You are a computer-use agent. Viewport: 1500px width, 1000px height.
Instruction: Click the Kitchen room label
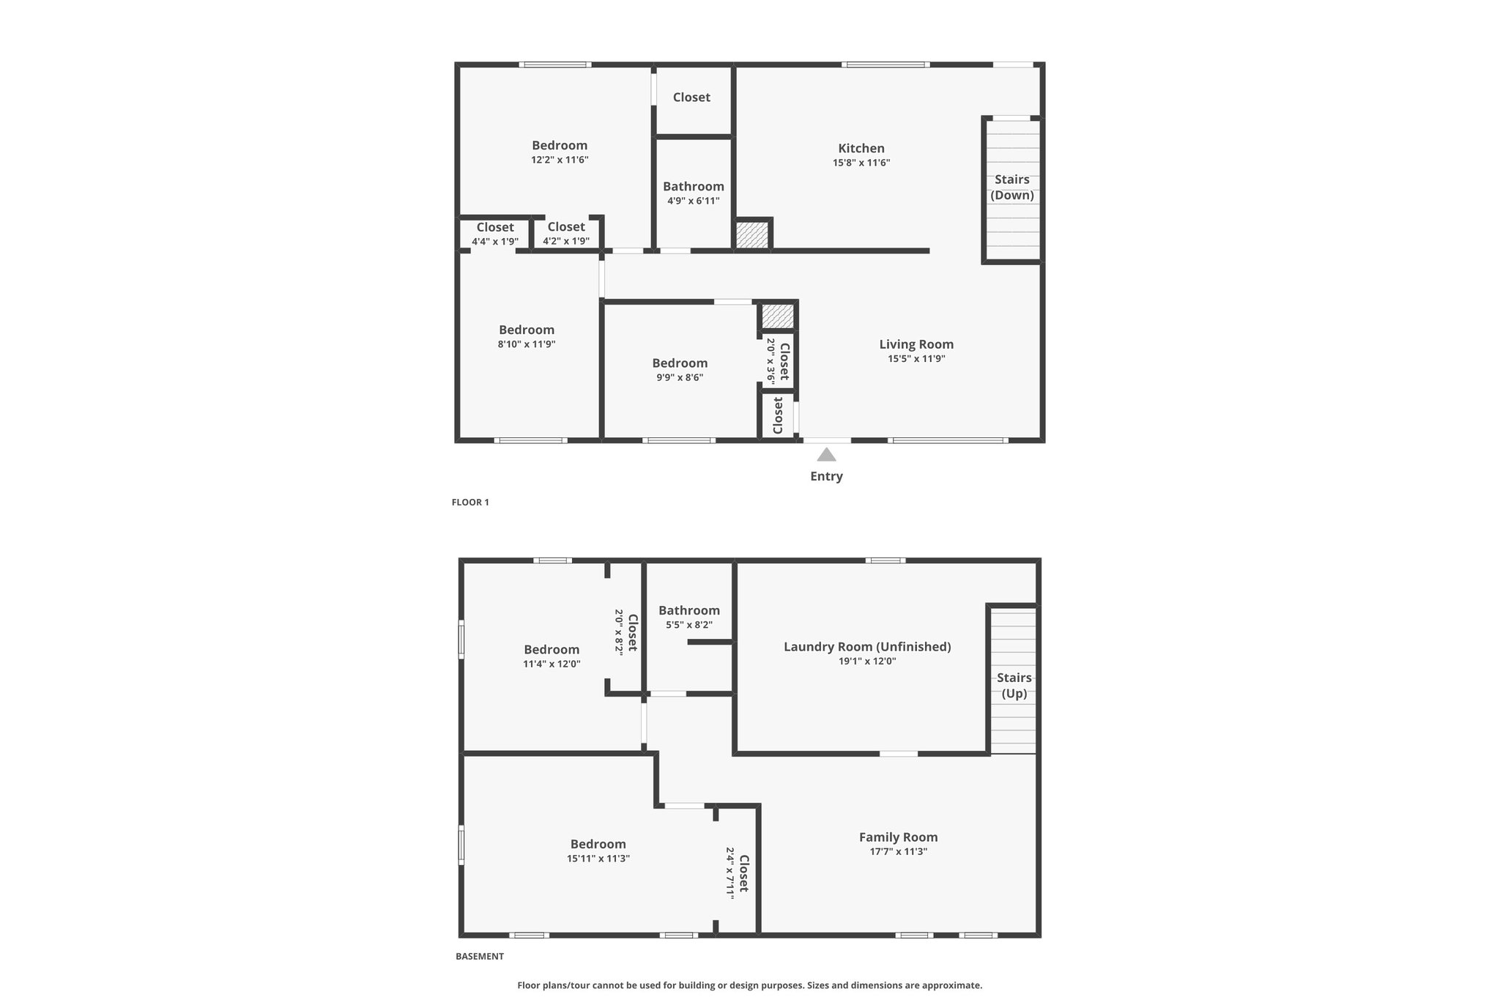(861, 149)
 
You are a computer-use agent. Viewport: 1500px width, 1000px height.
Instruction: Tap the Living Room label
(916, 344)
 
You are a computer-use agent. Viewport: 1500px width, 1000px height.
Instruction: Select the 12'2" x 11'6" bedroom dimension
(560, 160)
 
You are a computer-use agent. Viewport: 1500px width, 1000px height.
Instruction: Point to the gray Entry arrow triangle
(826, 454)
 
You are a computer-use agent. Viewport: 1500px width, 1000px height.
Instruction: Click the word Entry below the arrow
(826, 476)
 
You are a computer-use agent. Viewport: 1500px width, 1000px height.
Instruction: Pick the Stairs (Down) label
(1012, 187)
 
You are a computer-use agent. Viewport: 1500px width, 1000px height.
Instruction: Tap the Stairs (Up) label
(1014, 686)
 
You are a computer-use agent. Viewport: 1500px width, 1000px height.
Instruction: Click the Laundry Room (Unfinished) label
(867, 647)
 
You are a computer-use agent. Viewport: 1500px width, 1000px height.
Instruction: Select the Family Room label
(898, 837)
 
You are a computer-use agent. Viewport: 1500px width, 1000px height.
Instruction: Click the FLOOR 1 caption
(470, 503)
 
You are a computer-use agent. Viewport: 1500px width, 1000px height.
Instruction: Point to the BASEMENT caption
(480, 956)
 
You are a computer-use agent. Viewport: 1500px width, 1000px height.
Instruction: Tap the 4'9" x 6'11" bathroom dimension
(693, 201)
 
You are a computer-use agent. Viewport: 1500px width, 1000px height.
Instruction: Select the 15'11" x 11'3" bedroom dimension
(598, 859)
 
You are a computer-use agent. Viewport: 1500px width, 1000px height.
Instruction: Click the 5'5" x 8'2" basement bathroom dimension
(689, 625)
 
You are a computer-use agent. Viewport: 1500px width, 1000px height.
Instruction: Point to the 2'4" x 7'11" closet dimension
(730, 873)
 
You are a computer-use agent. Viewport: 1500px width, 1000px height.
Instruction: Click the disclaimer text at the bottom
(750, 985)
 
